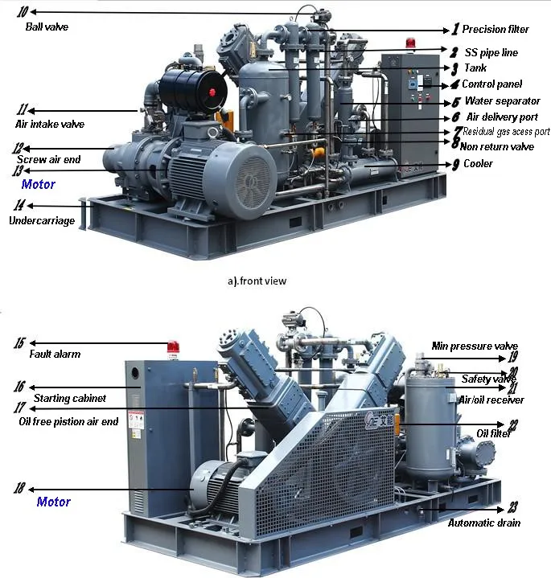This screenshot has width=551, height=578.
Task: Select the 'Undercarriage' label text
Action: tap(42, 220)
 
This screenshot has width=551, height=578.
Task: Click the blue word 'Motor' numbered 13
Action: tap(39, 185)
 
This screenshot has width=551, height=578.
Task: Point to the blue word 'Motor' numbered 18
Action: tap(54, 502)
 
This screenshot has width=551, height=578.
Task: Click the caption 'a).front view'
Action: tap(257, 281)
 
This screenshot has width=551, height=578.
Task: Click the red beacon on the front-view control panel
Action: tap(412, 44)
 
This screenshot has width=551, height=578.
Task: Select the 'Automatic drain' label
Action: tap(484, 523)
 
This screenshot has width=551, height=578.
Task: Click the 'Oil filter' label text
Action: tap(494, 434)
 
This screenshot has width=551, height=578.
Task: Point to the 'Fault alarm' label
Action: tap(55, 355)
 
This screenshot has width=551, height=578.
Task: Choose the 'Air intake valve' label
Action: tap(50, 125)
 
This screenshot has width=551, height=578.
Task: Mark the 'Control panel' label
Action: tap(491, 84)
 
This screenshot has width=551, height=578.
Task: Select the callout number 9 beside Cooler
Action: tap(455, 164)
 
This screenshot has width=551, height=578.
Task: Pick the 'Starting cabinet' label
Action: tap(70, 398)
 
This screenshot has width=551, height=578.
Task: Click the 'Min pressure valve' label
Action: tap(475, 346)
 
